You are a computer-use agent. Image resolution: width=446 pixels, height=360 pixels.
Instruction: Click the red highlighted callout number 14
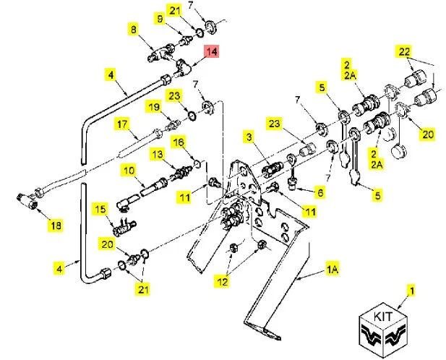click(212, 52)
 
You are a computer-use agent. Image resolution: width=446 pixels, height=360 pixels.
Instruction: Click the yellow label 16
click(179, 142)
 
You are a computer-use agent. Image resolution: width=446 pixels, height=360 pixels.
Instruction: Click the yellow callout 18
click(56, 226)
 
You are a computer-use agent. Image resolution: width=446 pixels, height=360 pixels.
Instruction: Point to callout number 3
click(248, 137)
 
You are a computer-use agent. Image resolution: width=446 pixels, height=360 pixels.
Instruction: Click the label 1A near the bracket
click(332, 269)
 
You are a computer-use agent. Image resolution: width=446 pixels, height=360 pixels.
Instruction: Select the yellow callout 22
click(403, 51)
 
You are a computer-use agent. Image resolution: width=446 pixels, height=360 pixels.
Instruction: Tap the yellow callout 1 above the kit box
click(413, 291)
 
